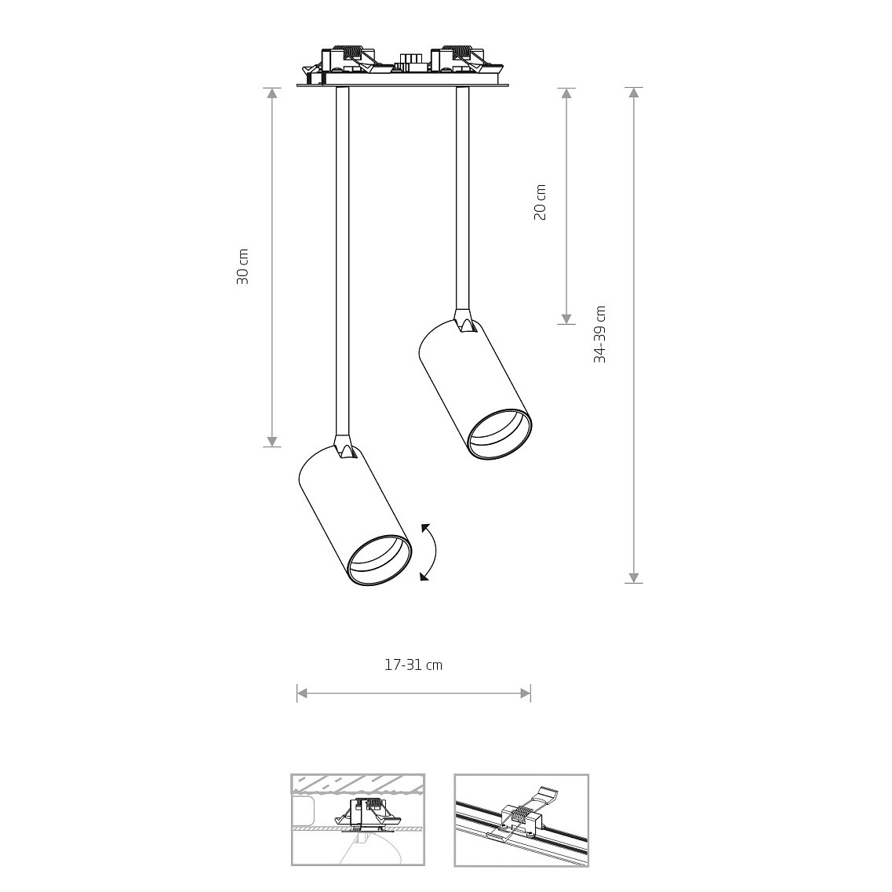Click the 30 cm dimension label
[243, 267]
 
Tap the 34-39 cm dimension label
[599, 334]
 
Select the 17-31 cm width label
[413, 664]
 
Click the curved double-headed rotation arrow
[434, 552]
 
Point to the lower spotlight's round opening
[380, 560]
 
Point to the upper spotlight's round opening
[500, 434]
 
